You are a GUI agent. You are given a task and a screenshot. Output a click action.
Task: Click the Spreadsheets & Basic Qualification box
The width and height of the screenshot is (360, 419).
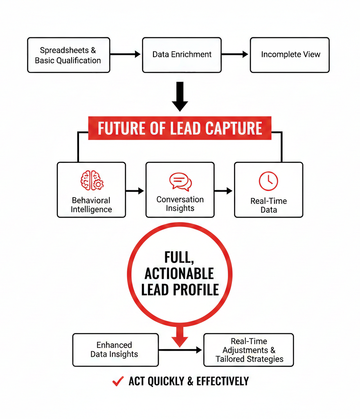coord(68,55)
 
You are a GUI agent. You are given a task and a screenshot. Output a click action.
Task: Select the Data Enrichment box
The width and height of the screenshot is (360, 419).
coord(182,55)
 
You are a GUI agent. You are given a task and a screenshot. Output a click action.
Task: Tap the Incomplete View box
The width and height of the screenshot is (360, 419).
coord(290,55)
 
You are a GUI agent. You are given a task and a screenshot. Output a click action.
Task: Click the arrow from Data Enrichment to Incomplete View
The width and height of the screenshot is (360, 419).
coord(235,54)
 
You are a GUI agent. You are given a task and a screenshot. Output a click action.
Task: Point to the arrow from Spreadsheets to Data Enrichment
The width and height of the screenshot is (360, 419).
coord(126,54)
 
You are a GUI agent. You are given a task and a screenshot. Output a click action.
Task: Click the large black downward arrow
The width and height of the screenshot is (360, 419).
coord(180,97)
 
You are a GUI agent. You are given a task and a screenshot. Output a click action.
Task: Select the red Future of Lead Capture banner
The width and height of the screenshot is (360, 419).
coord(180,128)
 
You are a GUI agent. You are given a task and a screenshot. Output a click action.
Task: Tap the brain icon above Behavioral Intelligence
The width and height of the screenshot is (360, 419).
coord(92,180)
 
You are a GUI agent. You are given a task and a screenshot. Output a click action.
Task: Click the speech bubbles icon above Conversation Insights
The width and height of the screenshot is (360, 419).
coord(180,181)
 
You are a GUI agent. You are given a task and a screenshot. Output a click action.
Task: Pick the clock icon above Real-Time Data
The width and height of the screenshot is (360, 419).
coord(268,181)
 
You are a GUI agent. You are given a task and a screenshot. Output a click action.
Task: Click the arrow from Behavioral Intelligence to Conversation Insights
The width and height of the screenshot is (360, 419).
coord(135,191)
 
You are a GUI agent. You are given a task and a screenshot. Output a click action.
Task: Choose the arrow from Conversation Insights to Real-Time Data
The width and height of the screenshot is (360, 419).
coord(224,191)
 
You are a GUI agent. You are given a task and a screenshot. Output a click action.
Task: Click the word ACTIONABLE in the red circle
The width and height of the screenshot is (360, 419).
coord(180,273)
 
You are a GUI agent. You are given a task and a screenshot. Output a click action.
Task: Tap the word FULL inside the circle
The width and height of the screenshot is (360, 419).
coord(180,257)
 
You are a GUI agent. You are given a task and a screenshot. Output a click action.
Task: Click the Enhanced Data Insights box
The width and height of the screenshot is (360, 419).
coord(115,349)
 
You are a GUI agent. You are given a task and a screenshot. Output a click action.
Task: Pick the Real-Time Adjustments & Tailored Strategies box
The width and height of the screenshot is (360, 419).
coord(249,350)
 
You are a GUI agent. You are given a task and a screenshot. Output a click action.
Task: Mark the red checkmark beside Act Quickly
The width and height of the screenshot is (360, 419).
coord(118,381)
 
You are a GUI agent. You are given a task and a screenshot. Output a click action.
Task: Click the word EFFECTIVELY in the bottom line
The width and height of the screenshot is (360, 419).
coord(223,381)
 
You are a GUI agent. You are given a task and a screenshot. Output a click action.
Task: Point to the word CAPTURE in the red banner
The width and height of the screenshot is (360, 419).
coord(234,128)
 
